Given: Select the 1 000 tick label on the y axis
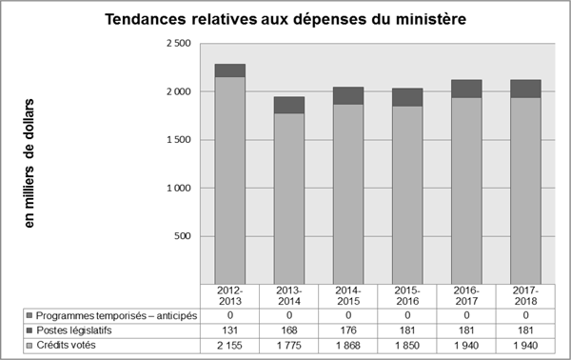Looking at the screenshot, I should [x=178, y=189].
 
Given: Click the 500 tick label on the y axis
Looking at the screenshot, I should [x=183, y=236].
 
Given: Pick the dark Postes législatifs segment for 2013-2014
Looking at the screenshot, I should [x=289, y=105].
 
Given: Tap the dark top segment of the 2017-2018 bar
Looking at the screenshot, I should [x=524, y=89].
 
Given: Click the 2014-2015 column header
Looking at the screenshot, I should [x=348, y=295].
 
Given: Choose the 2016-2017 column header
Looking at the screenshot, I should [x=465, y=295].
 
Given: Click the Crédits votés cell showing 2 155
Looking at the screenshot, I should [x=230, y=344].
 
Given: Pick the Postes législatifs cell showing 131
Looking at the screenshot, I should [x=230, y=330].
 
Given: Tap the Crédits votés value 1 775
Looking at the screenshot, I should [x=289, y=344].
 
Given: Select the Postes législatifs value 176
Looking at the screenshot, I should [x=348, y=330].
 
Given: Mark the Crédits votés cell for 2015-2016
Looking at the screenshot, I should [x=407, y=344].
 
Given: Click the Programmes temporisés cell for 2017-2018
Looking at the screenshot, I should [x=524, y=315].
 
